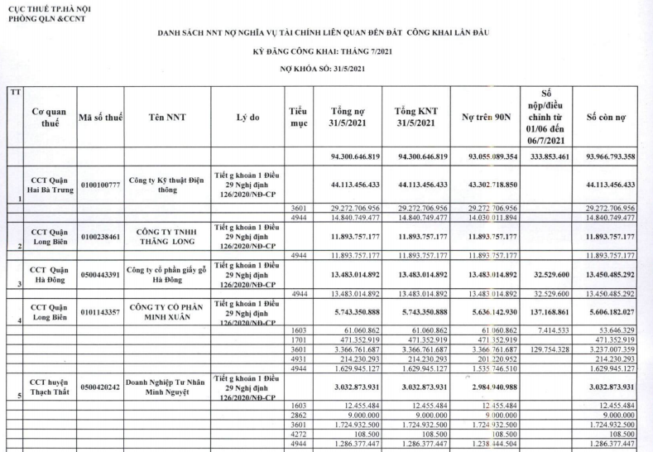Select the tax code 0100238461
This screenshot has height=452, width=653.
pos(100,236)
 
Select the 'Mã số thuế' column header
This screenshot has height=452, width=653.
pos(100,118)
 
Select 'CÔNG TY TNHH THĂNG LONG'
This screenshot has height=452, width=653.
pos(167,236)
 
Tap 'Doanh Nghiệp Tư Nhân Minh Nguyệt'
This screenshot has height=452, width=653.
pos(167,386)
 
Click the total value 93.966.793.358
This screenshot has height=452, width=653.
pos(606,156)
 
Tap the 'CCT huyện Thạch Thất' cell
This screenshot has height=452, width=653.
pos(50,386)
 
